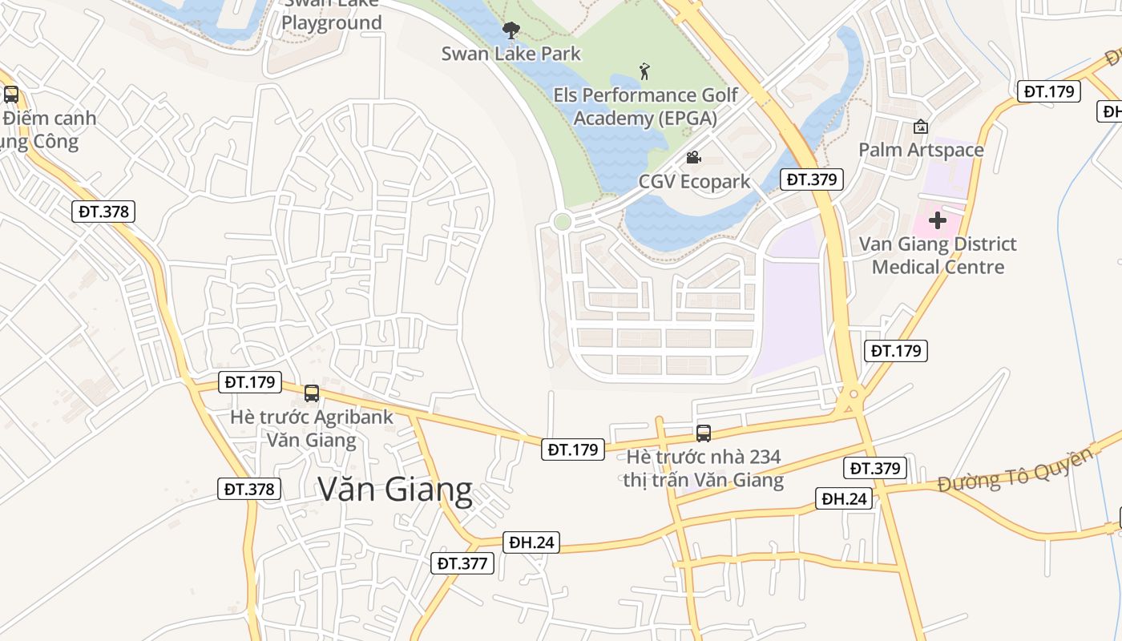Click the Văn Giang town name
(395, 489)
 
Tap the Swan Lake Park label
(511, 54)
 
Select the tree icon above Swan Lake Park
(511, 31)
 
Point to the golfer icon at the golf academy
(644, 72)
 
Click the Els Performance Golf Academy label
(645, 107)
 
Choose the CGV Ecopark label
(694, 181)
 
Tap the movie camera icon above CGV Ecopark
(693, 158)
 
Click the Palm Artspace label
(921, 150)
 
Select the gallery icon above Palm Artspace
(921, 127)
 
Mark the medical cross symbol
(937, 220)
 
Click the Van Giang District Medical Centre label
(938, 255)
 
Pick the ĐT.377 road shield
(462, 563)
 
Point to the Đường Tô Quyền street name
(1015, 470)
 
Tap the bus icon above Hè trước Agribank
(312, 393)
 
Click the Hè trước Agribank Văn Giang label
(312, 429)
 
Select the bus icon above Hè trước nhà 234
(704, 433)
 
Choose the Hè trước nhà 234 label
(704, 469)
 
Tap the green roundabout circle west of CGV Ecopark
(563, 221)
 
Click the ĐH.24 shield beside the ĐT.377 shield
(532, 542)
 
